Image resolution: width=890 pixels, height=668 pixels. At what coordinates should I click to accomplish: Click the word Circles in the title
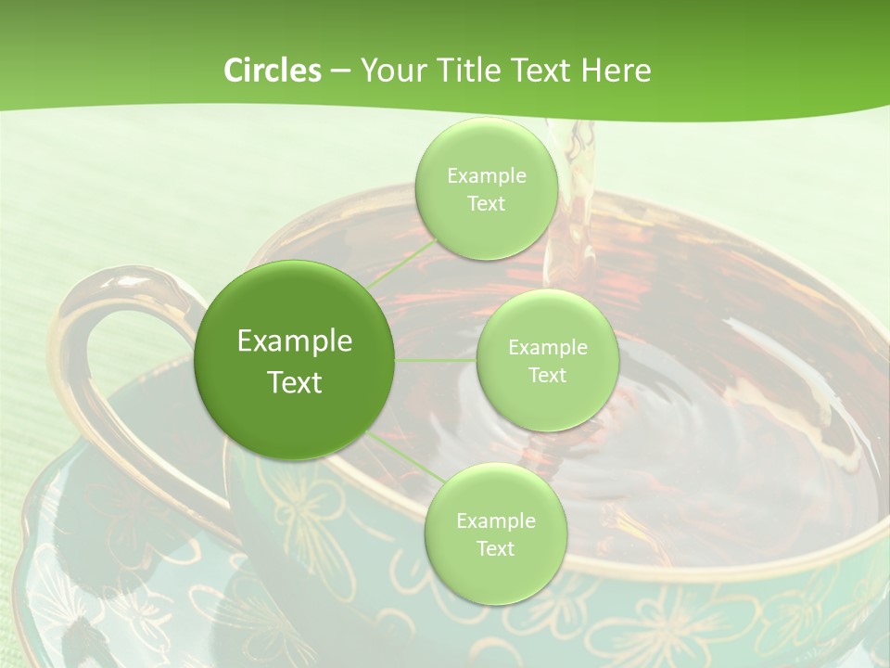tap(272, 71)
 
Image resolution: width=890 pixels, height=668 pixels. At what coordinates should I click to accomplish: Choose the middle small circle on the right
tap(547, 361)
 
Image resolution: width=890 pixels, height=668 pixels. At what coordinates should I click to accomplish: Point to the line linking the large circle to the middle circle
tap(436, 360)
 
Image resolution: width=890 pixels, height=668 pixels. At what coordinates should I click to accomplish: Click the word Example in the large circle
tap(295, 341)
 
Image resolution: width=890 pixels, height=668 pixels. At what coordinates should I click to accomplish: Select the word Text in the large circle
tap(295, 382)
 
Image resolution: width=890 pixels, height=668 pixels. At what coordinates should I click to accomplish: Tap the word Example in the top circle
tap(486, 175)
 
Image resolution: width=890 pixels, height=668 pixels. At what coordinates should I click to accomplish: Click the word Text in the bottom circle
tap(495, 548)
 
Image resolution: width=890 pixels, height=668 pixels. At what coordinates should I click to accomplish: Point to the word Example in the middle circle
tap(547, 348)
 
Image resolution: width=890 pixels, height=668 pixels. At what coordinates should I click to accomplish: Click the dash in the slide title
tap(339, 71)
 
